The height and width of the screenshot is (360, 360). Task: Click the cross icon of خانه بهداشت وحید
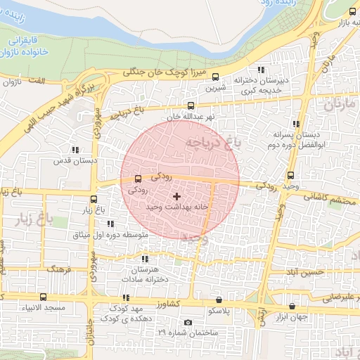(x=176, y=196)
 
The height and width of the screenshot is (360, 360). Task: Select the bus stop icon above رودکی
(x=137, y=179)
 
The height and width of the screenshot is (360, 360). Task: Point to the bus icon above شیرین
(x=215, y=77)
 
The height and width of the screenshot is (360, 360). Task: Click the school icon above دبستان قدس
(x=75, y=150)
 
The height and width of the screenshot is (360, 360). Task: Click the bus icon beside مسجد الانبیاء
(x=44, y=297)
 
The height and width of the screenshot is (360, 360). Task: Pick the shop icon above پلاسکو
(x=219, y=300)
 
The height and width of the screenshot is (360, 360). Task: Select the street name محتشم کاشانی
(x=330, y=198)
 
